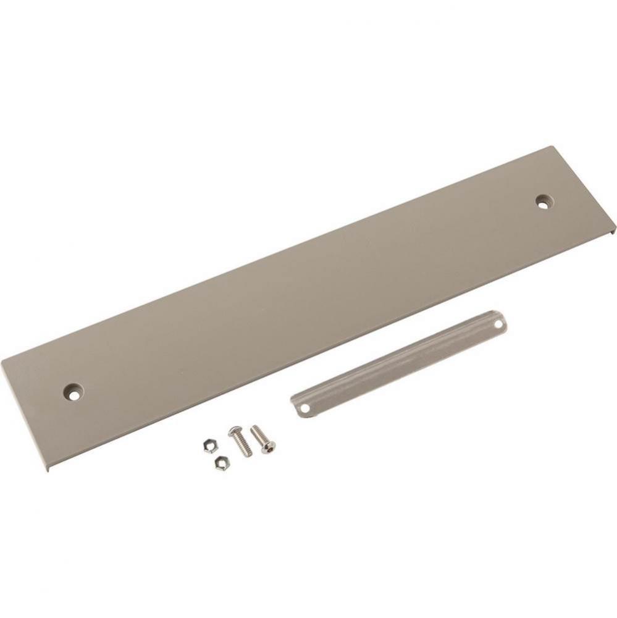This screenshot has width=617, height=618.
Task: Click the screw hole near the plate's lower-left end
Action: tap(74, 391)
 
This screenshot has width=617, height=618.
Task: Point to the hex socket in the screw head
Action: tap(270, 446)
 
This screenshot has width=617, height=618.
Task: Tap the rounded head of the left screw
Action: tap(234, 431)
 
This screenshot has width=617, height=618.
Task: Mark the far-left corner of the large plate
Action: tap(2, 363)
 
